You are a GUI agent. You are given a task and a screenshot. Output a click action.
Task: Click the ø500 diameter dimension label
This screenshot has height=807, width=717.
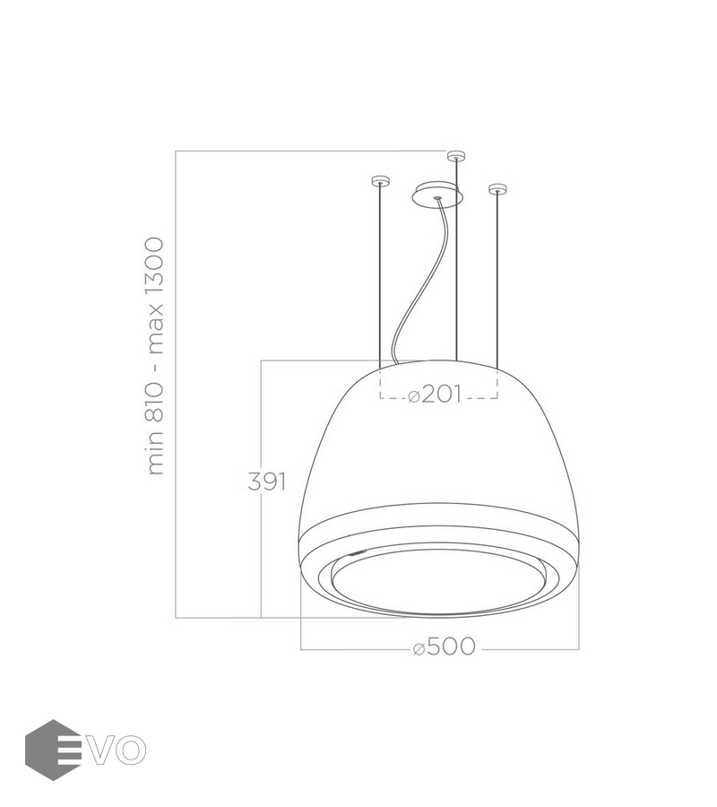[445, 646]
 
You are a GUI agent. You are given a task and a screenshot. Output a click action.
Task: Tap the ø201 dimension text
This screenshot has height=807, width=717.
[435, 395]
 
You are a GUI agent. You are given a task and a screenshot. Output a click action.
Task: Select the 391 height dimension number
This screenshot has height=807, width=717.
[266, 482]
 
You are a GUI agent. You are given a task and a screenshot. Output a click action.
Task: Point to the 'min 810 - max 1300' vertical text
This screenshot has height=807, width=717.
[155, 356]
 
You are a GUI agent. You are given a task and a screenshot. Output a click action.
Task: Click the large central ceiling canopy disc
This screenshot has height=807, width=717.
[437, 195]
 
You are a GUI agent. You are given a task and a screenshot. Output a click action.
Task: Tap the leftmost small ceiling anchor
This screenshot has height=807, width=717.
[380, 180]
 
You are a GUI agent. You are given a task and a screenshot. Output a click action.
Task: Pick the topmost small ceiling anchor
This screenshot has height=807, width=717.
[455, 155]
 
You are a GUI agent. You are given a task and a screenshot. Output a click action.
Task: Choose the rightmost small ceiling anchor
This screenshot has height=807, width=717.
[497, 189]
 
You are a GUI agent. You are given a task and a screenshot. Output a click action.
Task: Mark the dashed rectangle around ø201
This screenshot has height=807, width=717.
[438, 398]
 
